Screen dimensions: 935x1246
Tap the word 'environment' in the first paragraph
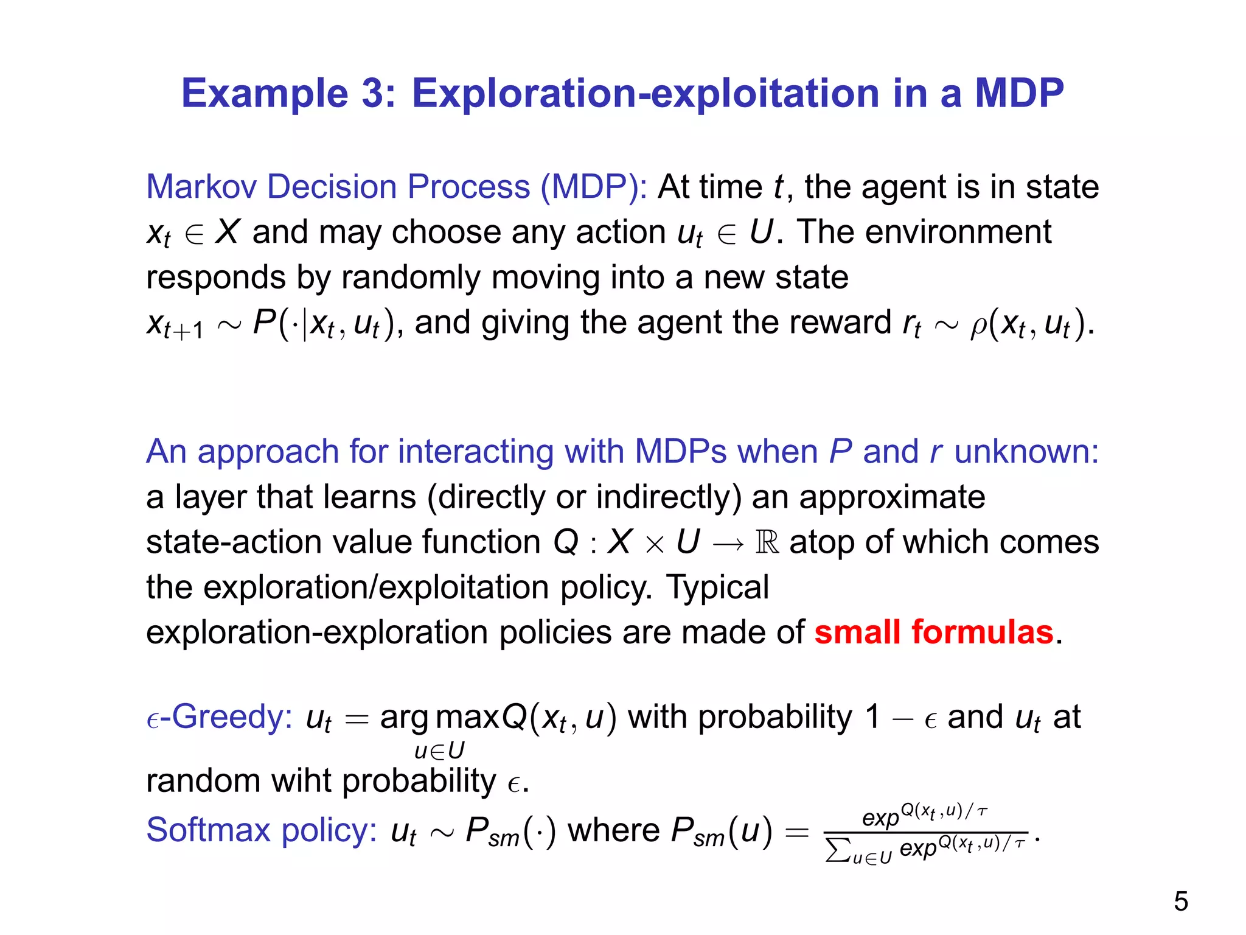(958, 232)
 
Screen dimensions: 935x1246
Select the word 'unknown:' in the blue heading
(1026, 452)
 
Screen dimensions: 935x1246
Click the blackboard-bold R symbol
(767, 542)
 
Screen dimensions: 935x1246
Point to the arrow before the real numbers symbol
(728, 543)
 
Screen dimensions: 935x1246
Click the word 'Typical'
(717, 587)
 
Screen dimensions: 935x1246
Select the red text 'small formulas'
(934, 632)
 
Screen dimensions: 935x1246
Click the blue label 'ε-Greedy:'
(220, 716)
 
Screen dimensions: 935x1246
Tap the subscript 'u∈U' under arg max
(439, 751)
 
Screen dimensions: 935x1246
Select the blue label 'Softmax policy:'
(262, 830)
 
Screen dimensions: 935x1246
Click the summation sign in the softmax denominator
(837, 850)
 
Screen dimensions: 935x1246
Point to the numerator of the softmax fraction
(925, 814)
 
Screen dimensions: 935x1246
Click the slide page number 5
(1180, 902)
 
